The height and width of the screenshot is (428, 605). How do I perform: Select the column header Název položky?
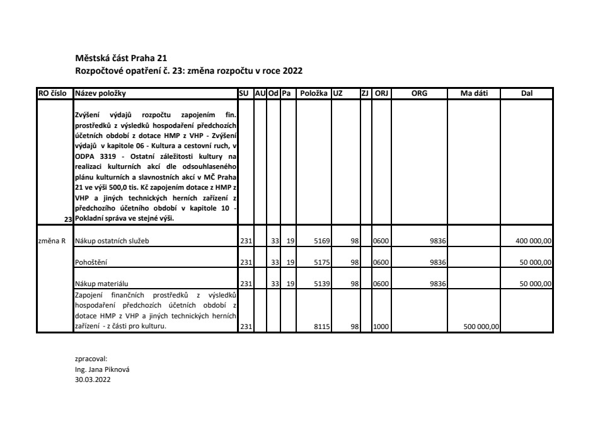(x=100, y=93)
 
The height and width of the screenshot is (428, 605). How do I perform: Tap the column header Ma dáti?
(x=473, y=93)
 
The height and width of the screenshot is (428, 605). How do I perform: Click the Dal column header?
(x=526, y=93)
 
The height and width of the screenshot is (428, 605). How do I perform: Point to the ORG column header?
(x=419, y=93)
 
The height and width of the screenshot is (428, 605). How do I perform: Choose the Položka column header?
(x=313, y=93)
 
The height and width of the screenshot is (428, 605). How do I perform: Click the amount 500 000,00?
(x=481, y=327)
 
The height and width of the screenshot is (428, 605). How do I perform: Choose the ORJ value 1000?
(x=381, y=327)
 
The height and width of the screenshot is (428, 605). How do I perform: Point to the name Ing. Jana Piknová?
(x=97, y=369)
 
